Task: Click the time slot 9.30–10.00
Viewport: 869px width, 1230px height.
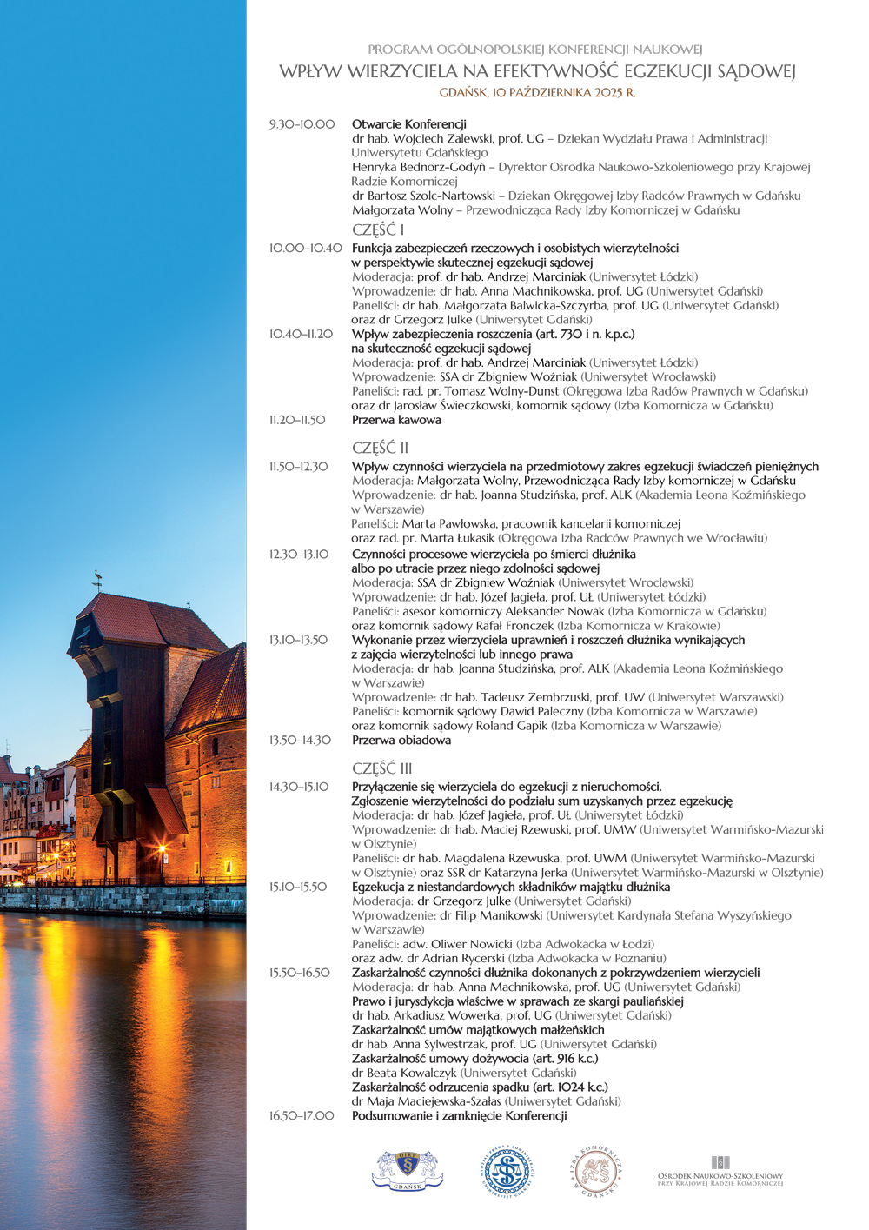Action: [x=302, y=124]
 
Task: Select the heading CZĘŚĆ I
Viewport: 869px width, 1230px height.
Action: [x=378, y=230]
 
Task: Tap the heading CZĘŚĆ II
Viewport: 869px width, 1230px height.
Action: [x=380, y=449]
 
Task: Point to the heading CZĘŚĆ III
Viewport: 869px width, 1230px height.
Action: [x=381, y=768]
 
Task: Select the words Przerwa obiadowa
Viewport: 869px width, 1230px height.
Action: [x=401, y=741]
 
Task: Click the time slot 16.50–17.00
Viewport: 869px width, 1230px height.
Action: [x=302, y=1115]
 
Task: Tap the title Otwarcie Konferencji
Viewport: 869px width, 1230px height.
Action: [x=409, y=124]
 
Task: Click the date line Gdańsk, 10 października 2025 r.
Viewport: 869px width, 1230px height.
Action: [x=537, y=92]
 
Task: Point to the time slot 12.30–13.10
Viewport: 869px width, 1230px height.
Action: [x=299, y=554]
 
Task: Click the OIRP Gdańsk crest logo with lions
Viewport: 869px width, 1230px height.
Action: [x=408, y=1171]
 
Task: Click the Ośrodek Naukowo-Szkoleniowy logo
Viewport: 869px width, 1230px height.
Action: [x=720, y=1172]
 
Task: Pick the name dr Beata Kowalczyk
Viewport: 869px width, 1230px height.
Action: [x=404, y=1073]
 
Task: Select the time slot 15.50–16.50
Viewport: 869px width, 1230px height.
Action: [x=300, y=973]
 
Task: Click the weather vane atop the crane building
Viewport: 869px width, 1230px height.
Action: [x=97, y=576]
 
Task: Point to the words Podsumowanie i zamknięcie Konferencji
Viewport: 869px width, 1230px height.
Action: [x=459, y=1115]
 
